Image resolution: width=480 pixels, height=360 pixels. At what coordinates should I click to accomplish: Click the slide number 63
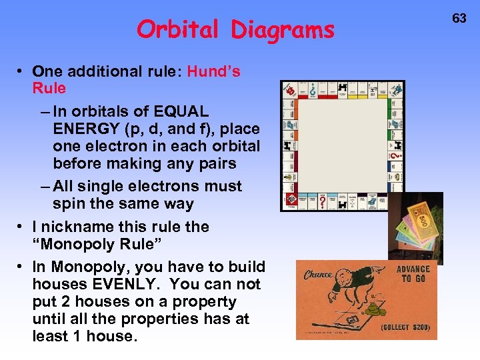[x=459, y=18]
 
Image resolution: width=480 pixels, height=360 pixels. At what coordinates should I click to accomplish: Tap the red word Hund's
[x=214, y=71]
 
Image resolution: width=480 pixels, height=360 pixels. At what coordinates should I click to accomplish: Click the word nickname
[x=81, y=227]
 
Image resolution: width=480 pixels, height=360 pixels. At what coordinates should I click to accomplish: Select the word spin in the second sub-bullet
[x=68, y=204]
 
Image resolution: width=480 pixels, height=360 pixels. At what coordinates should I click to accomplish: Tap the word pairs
[x=215, y=163]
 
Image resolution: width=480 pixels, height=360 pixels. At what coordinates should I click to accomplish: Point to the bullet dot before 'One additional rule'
[x=22, y=71]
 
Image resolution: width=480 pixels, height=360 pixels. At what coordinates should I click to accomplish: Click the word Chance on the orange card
[x=319, y=275]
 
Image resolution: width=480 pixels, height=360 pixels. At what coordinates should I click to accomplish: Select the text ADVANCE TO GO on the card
[x=413, y=273]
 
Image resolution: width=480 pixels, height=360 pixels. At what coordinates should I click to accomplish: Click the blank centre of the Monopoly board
[x=343, y=145]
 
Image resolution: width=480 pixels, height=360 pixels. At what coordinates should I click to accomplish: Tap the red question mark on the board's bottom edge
[x=323, y=201]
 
